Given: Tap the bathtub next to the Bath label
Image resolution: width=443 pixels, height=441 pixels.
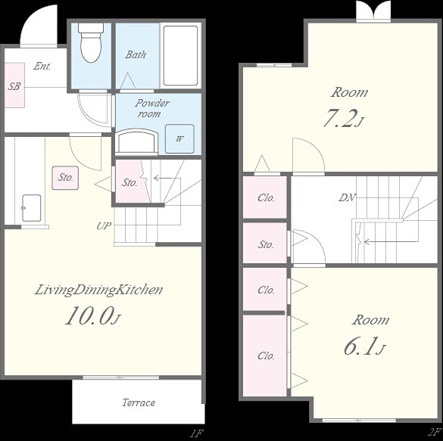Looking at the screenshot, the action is [x=180, y=55].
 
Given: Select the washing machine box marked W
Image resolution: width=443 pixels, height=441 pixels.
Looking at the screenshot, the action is [x=179, y=138].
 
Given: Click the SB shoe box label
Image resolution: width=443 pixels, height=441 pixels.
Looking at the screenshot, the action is [x=14, y=85].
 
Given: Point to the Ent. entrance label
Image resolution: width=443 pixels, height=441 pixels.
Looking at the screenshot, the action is [x=42, y=66].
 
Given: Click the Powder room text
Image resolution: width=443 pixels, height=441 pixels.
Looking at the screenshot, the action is [x=151, y=108].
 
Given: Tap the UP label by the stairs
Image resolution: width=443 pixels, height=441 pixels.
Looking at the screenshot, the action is [x=104, y=225].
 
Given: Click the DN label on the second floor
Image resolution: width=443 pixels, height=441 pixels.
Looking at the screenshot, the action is [x=347, y=197].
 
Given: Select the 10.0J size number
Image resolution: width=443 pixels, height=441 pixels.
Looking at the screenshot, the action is [x=93, y=315].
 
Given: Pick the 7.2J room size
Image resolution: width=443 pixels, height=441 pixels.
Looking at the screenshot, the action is [x=342, y=118].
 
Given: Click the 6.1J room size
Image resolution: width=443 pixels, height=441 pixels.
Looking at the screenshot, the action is [x=364, y=346].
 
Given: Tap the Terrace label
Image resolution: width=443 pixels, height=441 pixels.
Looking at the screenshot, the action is [x=139, y=402].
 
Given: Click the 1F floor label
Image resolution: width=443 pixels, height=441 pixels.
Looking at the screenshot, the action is [x=197, y=433].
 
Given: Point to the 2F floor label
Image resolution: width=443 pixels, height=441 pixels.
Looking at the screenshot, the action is [x=435, y=432].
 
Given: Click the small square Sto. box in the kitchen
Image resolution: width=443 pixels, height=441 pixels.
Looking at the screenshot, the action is [x=65, y=178].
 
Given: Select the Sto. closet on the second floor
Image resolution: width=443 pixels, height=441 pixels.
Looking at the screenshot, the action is [x=265, y=243].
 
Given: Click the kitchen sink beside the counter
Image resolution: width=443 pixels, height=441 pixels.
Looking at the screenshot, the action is [x=31, y=208].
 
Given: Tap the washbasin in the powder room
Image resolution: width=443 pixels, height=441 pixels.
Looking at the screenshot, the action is [x=137, y=141].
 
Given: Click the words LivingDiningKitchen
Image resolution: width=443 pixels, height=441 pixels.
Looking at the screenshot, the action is [x=98, y=290].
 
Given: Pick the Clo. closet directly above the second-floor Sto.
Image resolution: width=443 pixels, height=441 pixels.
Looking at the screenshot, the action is [x=265, y=197].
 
